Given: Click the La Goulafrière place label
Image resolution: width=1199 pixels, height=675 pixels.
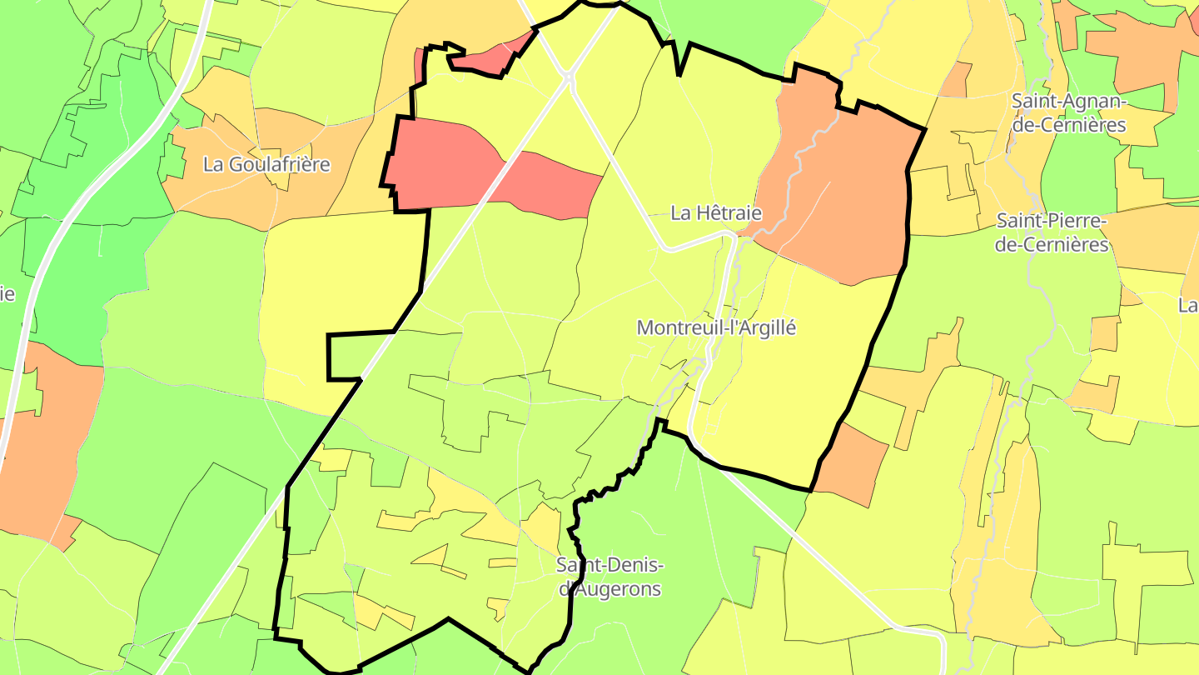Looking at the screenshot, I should click(x=266, y=164).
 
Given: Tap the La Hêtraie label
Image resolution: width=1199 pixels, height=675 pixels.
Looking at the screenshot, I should click(x=716, y=213).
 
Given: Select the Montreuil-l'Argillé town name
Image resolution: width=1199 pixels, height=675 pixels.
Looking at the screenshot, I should click(x=716, y=327).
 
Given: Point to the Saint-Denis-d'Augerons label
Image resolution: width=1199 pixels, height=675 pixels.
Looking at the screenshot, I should click(x=609, y=577).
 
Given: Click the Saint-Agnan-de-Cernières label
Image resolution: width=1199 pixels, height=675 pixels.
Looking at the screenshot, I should click(x=1068, y=113).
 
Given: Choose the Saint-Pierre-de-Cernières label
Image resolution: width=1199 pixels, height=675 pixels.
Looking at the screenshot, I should click(x=1052, y=232).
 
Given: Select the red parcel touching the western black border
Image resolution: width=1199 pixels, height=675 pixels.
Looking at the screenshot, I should click(x=441, y=162).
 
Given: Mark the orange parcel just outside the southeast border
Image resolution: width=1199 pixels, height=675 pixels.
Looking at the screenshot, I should click(x=853, y=462).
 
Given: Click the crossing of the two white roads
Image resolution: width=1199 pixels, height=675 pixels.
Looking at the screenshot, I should click(x=569, y=77).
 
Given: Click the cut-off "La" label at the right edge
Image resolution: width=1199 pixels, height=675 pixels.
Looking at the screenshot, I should click(x=1188, y=305).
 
